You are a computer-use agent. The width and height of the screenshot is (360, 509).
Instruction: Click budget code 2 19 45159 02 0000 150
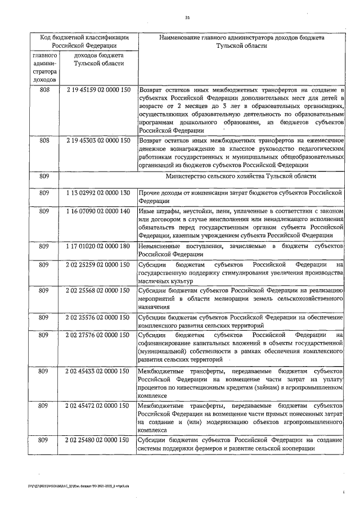[x=98, y=90]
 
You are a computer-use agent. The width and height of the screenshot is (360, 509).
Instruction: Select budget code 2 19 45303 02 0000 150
[x=98, y=140]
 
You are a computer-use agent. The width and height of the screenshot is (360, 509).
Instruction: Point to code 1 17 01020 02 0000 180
[x=98, y=246]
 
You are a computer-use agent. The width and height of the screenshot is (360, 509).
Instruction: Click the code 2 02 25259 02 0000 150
[x=98, y=264]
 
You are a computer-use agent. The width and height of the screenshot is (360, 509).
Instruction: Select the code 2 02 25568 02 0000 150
[x=98, y=290]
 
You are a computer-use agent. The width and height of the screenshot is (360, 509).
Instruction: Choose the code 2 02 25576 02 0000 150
[x=98, y=317]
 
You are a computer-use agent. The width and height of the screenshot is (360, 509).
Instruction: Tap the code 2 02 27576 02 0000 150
[x=98, y=335]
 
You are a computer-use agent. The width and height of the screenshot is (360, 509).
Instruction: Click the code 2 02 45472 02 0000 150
[x=98, y=406]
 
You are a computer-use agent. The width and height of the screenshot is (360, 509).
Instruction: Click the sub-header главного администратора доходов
[x=44, y=69]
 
